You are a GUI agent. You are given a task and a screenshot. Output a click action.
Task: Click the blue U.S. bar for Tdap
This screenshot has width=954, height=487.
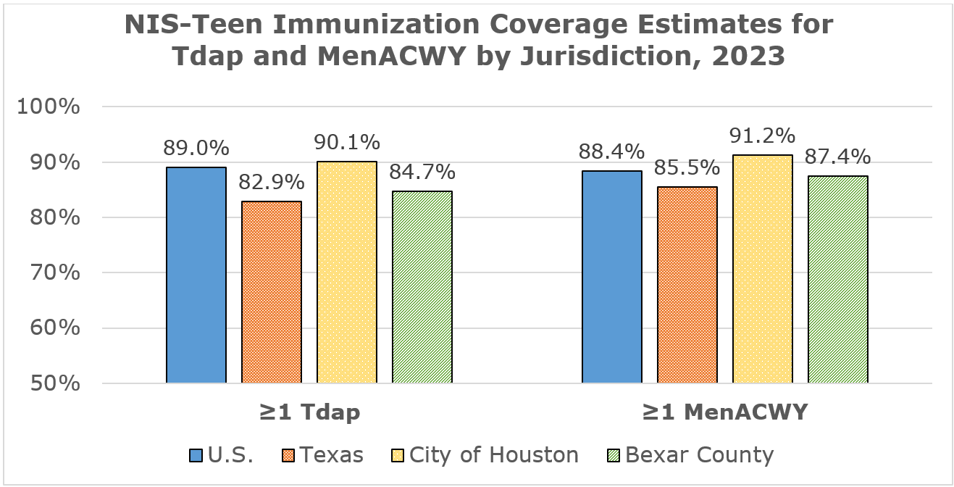pyautogui.click(x=196, y=275)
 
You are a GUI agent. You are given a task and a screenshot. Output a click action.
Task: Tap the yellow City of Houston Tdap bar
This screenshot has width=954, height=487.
pyautogui.click(x=347, y=272)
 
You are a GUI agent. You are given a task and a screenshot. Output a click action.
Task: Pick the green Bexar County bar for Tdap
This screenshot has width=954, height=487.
pyautogui.click(x=422, y=287)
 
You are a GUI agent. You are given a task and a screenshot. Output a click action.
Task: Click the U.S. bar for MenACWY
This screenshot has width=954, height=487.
pyautogui.click(x=612, y=277)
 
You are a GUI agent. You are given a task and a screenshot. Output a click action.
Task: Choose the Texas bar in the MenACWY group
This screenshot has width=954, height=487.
pyautogui.click(x=687, y=285)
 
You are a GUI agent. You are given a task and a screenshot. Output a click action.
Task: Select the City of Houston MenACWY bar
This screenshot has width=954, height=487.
pyautogui.click(x=763, y=269)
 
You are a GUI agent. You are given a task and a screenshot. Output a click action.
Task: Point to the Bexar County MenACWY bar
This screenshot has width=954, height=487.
pyautogui.click(x=838, y=280)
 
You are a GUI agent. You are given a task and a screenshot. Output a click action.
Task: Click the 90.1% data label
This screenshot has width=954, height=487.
pyautogui.click(x=347, y=143)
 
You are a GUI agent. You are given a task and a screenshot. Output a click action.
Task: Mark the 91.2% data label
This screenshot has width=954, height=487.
pyautogui.click(x=763, y=136)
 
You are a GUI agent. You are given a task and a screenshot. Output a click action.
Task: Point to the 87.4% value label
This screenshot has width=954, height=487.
pyautogui.click(x=838, y=157)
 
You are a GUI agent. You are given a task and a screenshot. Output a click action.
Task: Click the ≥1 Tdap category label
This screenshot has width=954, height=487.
pyautogui.click(x=309, y=412)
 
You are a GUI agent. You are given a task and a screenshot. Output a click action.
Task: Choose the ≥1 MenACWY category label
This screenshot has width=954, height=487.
pyautogui.click(x=724, y=412)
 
